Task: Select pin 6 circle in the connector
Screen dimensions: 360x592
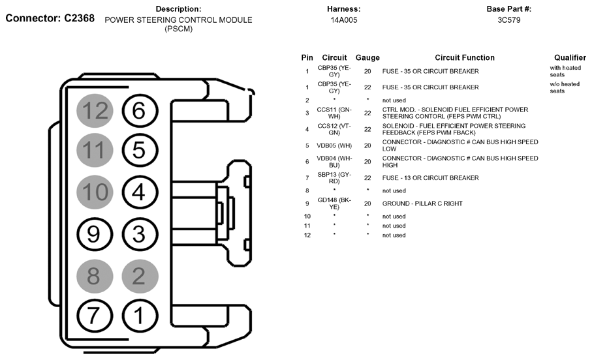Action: tap(139, 111)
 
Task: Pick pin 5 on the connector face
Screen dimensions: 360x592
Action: tap(139, 151)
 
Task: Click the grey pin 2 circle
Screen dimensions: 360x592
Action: tap(139, 276)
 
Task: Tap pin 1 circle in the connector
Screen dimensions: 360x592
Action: tap(139, 316)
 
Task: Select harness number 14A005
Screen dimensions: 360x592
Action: tap(344, 20)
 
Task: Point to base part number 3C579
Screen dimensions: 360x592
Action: tap(508, 20)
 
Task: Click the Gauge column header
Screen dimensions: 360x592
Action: tap(367, 58)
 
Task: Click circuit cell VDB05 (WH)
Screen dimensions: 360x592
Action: tap(334, 145)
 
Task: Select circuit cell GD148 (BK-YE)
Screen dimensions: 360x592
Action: tap(334, 203)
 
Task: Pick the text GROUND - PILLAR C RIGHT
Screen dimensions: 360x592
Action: tap(422, 203)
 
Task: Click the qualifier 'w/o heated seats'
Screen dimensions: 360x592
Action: tap(564, 87)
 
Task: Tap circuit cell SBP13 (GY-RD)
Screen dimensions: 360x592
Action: tap(334, 177)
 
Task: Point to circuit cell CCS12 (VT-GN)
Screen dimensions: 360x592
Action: tap(334, 128)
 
